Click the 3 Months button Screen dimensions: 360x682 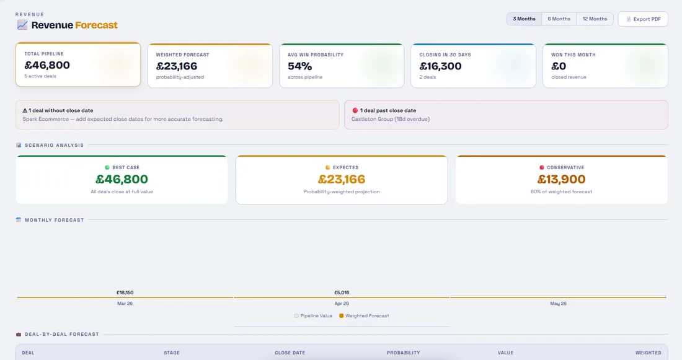(x=524, y=19)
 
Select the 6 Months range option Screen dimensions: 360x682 (x=559, y=19)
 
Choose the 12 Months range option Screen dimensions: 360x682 (x=595, y=19)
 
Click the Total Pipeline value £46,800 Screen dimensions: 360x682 (x=47, y=65)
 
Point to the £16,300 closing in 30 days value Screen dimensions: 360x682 (x=440, y=66)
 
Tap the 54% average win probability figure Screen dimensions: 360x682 (x=300, y=66)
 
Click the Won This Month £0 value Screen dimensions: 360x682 (x=559, y=66)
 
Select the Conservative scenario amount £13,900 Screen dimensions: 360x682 (x=562, y=180)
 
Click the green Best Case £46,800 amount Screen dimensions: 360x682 (x=122, y=180)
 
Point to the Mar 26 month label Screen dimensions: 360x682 (x=125, y=304)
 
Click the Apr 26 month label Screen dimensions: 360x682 (x=342, y=304)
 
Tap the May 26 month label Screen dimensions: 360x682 (x=558, y=304)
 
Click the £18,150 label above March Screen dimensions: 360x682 (x=125, y=292)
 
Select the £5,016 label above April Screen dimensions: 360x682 (x=342, y=292)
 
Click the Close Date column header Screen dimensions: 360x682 (x=290, y=353)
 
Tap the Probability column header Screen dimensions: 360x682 (x=403, y=353)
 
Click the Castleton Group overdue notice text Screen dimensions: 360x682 (x=391, y=119)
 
